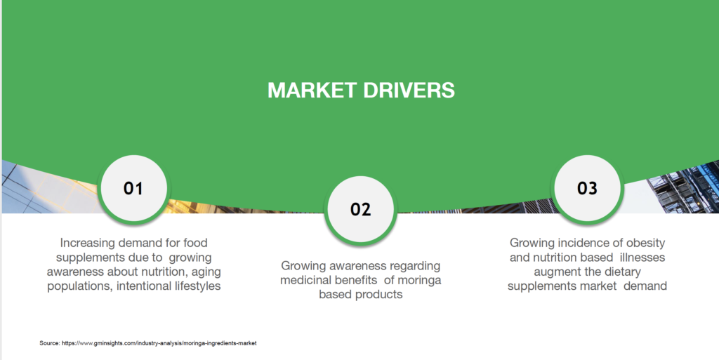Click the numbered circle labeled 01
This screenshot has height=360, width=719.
pyautogui.click(x=133, y=188)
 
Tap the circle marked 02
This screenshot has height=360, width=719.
pyautogui.click(x=360, y=209)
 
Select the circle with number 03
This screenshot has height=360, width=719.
pyautogui.click(x=588, y=188)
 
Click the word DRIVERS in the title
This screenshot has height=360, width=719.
pyautogui.click(x=409, y=91)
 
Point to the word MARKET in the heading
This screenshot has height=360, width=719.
pyautogui.click(x=312, y=91)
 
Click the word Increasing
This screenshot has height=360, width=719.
pyautogui.click(x=88, y=243)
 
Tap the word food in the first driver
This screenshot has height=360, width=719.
pyautogui.click(x=195, y=243)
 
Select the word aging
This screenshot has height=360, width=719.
pyautogui.click(x=206, y=272)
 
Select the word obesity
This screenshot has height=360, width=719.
pyautogui.click(x=646, y=243)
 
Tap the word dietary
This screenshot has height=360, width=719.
pyautogui.click(x=623, y=272)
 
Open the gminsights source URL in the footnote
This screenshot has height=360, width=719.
pyautogui.click(x=159, y=343)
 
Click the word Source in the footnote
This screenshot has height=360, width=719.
pyautogui.click(x=50, y=343)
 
